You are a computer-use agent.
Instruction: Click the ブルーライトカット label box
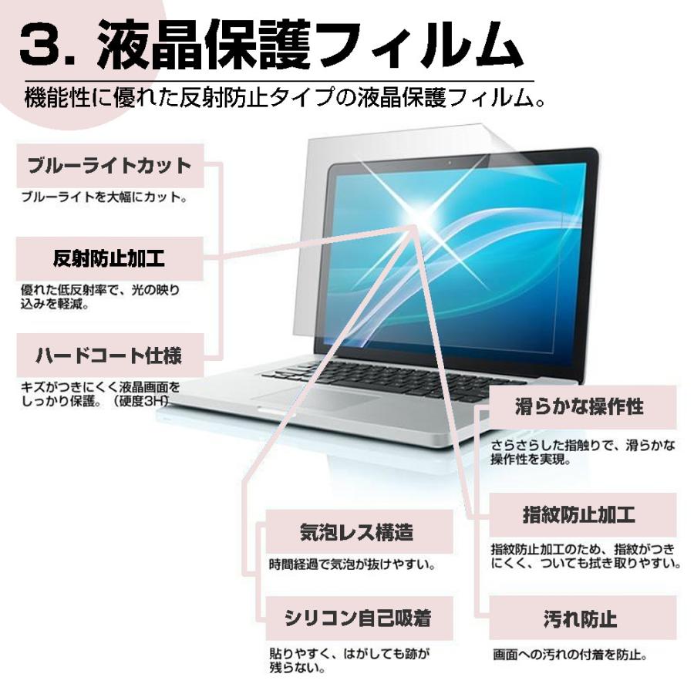coord(109,167)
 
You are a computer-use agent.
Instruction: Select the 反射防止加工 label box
coord(109,259)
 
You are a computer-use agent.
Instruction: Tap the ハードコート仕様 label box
coord(109,356)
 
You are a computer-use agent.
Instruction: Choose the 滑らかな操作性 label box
coord(578,407)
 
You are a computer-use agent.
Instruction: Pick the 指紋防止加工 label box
coord(578,514)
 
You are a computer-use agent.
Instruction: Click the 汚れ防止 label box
coord(578,618)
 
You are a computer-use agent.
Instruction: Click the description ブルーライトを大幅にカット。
coord(103,198)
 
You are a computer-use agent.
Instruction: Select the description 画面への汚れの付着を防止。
coord(569,656)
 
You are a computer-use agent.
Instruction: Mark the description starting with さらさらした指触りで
coord(583,453)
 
